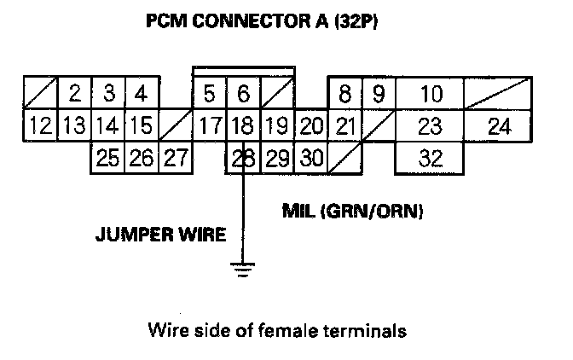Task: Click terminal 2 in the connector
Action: click(x=75, y=92)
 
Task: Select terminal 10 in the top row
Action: click(x=431, y=92)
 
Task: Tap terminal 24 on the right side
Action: click(x=500, y=126)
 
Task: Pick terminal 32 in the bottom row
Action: click(x=431, y=159)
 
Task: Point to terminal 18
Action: click(x=243, y=126)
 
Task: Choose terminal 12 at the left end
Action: click(x=39, y=126)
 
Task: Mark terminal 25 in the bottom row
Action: click(x=107, y=159)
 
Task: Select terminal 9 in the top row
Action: click(x=378, y=92)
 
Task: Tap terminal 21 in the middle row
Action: click(x=344, y=126)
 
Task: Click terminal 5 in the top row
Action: click(x=209, y=92)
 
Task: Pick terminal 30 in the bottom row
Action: click(x=311, y=159)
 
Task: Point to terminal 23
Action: click(x=431, y=126)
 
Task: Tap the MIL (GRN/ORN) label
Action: click(x=353, y=210)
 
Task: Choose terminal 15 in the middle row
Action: click(x=142, y=126)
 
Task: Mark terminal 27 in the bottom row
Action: click(x=175, y=159)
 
